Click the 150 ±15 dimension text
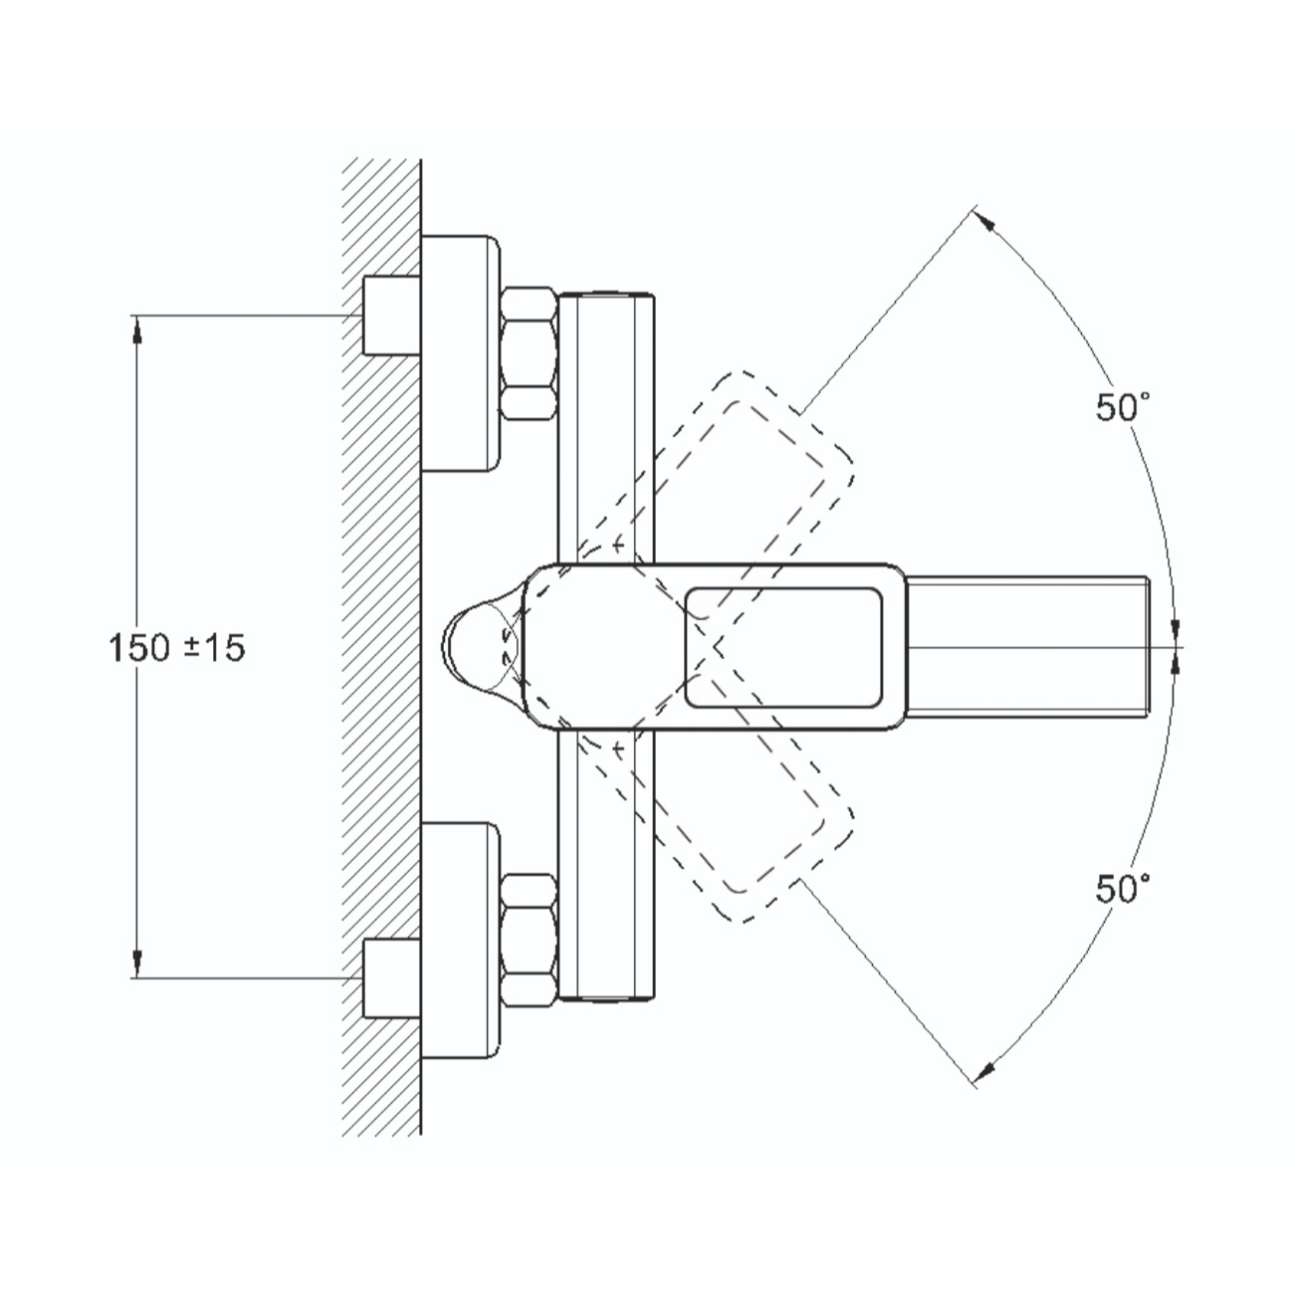[176, 648]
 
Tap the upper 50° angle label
[1123, 407]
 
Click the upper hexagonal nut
[530, 354]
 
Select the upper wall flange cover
[461, 353]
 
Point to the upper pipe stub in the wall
[391, 315]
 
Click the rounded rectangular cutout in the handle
[783, 647]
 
